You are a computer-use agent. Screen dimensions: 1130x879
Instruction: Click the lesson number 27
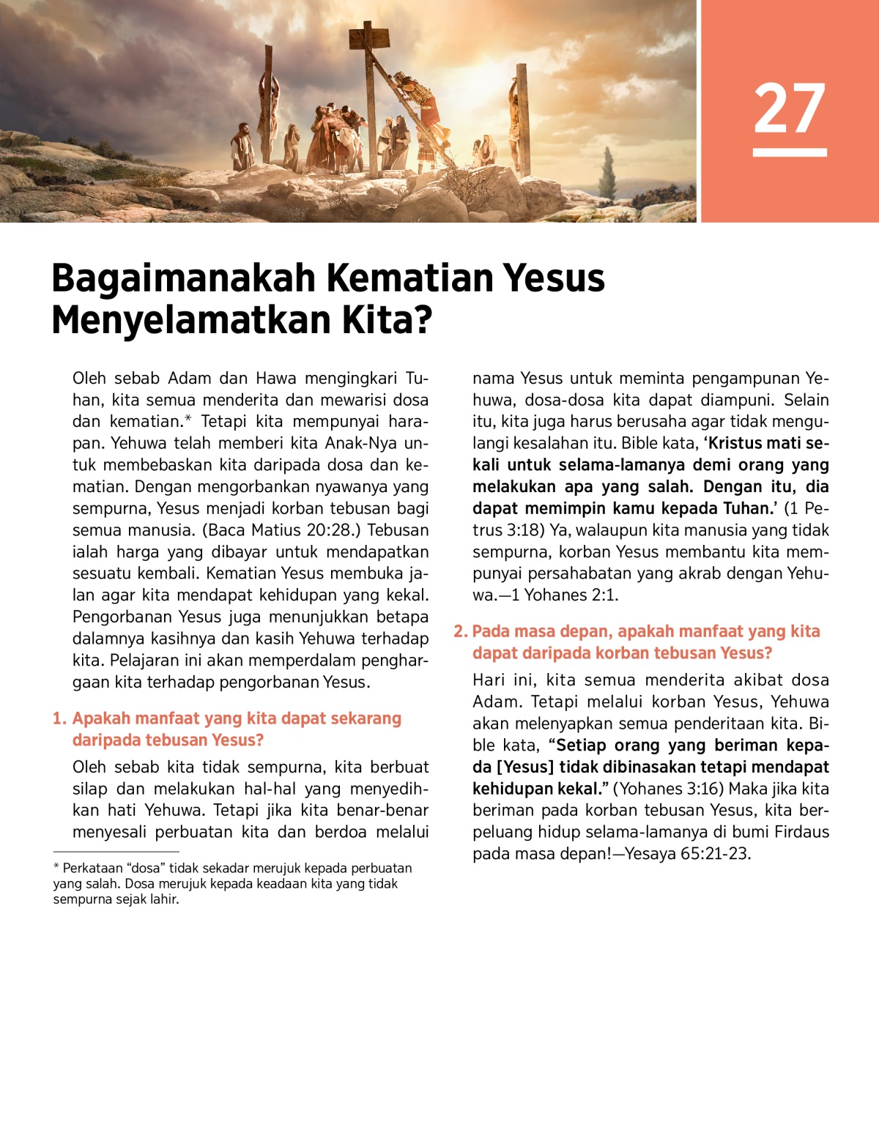[789, 108]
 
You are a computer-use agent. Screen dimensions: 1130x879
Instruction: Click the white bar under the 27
[789, 152]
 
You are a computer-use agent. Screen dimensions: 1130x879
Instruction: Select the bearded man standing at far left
[241, 147]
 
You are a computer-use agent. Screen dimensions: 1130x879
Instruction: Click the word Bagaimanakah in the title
[183, 278]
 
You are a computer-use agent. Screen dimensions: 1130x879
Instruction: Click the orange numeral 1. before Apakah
[59, 719]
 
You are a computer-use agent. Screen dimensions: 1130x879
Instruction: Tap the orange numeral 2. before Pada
[460, 632]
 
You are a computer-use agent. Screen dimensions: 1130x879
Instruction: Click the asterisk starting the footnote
[56, 868]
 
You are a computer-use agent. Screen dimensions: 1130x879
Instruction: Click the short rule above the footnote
[116, 852]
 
